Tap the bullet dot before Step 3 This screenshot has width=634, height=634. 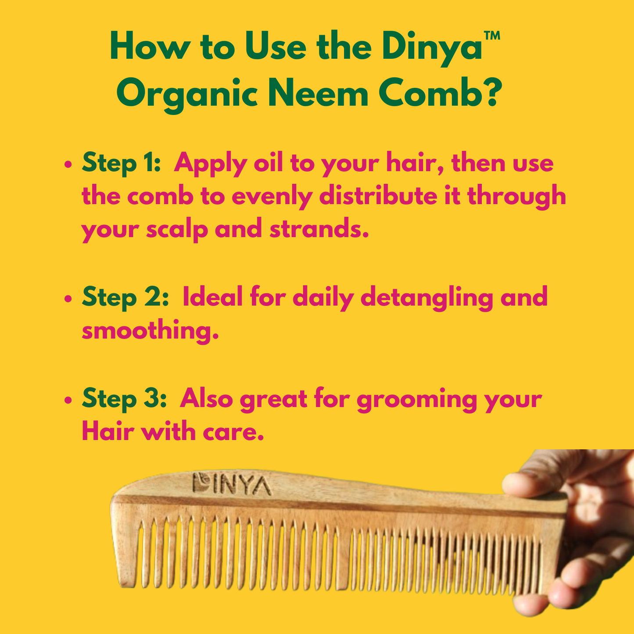pyautogui.click(x=68, y=401)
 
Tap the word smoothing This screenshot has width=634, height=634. pyautogui.click(x=150, y=331)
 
